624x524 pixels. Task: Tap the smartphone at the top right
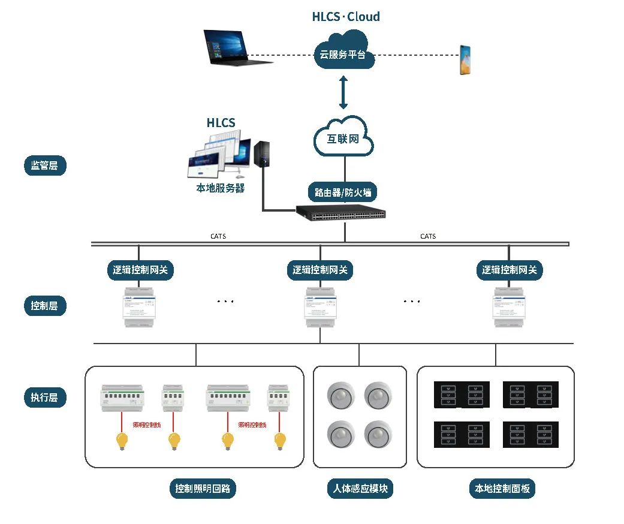pos(465,59)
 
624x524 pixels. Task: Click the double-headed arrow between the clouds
pos(343,92)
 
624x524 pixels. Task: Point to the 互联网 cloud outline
pos(343,138)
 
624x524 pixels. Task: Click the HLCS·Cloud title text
pos(346,17)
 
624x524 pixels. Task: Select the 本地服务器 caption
pos(221,188)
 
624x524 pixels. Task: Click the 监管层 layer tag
pos(45,165)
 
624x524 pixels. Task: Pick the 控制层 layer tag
pos(45,306)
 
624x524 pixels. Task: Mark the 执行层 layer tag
pos(45,397)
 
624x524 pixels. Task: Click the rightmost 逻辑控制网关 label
pos(510,270)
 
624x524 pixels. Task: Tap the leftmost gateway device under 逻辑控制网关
pos(139,307)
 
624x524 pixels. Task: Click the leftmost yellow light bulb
pos(122,441)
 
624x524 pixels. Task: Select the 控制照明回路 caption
pos(203,489)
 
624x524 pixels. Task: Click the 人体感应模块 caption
pos(360,489)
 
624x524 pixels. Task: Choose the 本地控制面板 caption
pos(502,489)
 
